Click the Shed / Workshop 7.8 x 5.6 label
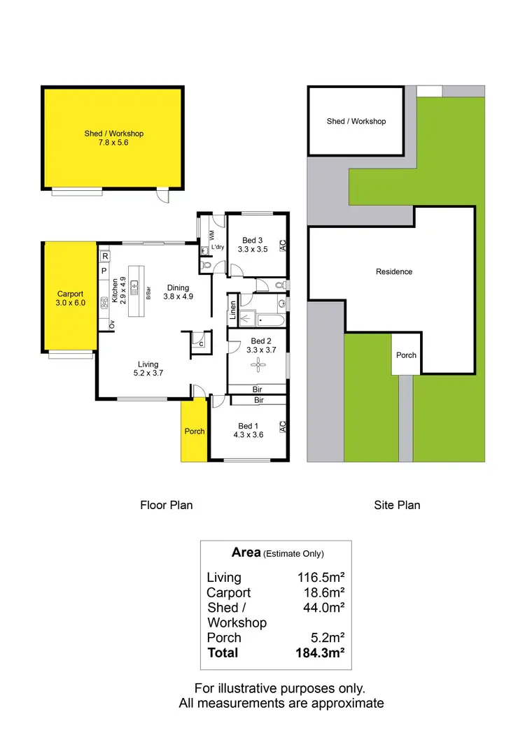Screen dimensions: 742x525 [x=113, y=138]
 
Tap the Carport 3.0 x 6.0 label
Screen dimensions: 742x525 [x=70, y=299]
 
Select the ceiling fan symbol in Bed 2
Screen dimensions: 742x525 [x=258, y=364]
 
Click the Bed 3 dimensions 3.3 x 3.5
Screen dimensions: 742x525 [x=253, y=249]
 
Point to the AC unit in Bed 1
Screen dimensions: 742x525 [x=283, y=426]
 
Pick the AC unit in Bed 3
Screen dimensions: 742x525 [x=283, y=245]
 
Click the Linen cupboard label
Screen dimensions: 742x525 [x=232, y=310]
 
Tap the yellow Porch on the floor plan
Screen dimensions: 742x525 [x=195, y=431]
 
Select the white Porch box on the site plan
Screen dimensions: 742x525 [x=406, y=355]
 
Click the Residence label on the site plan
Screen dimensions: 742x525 [x=394, y=271]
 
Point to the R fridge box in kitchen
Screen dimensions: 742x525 [x=104, y=257]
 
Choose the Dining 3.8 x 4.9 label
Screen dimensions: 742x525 [x=178, y=292]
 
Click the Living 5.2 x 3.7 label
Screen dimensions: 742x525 [x=148, y=369]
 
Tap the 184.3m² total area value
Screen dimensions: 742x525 [x=323, y=652]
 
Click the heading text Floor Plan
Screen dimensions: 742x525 [x=166, y=505]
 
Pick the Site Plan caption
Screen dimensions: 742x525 [x=397, y=505]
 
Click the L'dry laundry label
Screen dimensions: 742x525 [x=217, y=248]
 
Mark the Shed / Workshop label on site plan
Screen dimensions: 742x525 [x=356, y=121]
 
